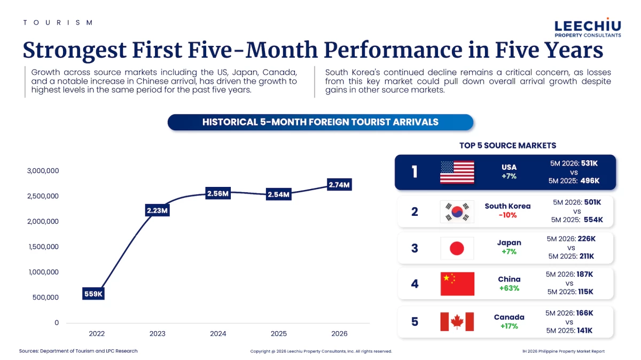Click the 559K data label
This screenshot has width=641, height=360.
click(x=93, y=294)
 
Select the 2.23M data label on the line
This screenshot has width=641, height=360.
click(x=157, y=210)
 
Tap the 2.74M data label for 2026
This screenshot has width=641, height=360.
click(x=339, y=185)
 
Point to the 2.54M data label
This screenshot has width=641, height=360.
click(x=278, y=194)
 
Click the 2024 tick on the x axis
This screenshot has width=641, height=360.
click(x=218, y=334)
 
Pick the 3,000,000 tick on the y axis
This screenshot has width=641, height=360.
click(x=43, y=171)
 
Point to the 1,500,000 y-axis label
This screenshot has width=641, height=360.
click(x=43, y=247)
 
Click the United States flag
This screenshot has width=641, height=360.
click(x=457, y=173)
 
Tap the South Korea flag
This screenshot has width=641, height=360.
click(x=457, y=212)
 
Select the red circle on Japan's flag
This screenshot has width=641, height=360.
click(x=457, y=248)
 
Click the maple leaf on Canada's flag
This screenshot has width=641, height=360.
click(x=457, y=322)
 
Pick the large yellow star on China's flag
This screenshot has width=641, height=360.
click(x=446, y=278)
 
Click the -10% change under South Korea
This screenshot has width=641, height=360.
click(x=507, y=215)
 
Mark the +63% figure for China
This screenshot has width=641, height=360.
click(x=509, y=288)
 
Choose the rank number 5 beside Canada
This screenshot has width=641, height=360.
click(x=415, y=322)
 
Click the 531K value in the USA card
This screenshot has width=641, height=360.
click(x=590, y=163)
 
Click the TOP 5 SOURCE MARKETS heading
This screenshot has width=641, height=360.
click(x=508, y=145)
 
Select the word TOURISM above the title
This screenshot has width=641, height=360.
click(x=58, y=22)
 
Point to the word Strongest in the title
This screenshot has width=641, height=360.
click(x=74, y=51)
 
